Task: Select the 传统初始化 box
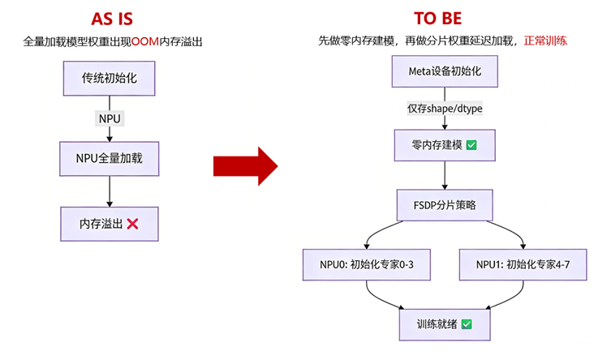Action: (110, 79)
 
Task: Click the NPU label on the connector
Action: (110, 118)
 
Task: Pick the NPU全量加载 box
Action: (110, 158)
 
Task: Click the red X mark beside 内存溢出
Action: (132, 223)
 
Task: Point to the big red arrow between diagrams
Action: (245, 165)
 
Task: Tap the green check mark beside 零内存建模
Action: (471, 145)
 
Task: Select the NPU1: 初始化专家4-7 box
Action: (529, 264)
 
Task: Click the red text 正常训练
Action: (544, 41)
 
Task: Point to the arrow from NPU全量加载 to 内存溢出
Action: (110, 191)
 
